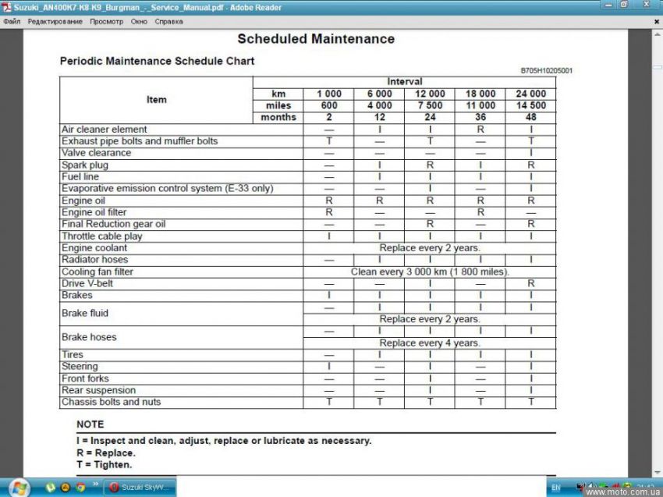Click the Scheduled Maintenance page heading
coord(316,39)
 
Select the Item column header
coord(156,100)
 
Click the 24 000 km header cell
coord(530,94)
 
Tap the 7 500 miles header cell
coord(430,105)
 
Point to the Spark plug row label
coord(85,165)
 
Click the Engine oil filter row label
coord(94,212)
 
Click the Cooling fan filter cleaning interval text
coord(430,272)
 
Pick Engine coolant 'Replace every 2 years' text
coord(430,248)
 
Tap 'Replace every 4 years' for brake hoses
coord(430,343)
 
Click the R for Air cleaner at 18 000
coord(480,130)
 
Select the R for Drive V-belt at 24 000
coord(530,283)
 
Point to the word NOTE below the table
coord(90,424)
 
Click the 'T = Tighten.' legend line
coord(105,465)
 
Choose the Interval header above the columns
coord(404,82)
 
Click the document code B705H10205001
coord(546,70)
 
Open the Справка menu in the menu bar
coord(168,21)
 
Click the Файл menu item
coord(12,21)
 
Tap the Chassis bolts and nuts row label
coord(112,402)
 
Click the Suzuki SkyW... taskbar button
coord(140,488)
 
